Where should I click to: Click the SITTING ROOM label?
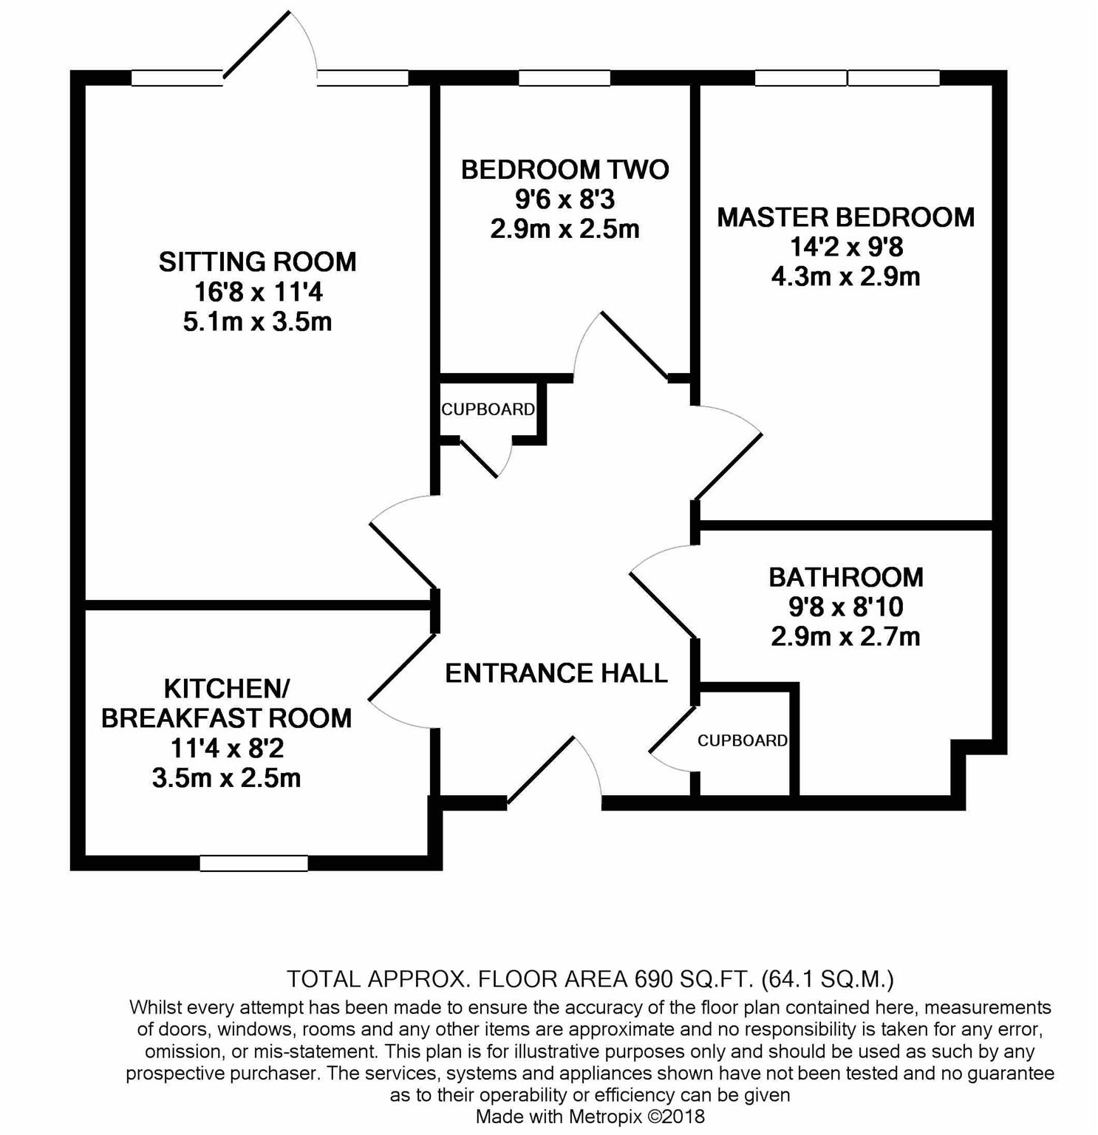pos(257,262)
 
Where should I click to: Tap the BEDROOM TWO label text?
pos(565,169)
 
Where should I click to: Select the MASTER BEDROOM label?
pos(845,217)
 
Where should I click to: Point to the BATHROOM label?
pos(845,576)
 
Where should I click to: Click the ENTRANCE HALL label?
pos(556,673)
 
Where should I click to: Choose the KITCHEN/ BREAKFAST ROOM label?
pos(226,703)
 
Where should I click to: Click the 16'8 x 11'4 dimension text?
pos(258,293)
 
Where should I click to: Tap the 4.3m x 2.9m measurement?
pos(845,277)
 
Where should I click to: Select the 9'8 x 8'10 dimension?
pos(845,607)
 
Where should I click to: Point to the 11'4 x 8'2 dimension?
pos(226,749)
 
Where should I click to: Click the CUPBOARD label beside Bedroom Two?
pos(488,409)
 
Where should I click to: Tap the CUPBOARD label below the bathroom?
pos(742,740)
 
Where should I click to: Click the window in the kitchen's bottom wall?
pos(253,862)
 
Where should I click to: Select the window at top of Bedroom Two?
pos(565,78)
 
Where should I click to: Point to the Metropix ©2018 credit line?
pos(590,1116)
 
